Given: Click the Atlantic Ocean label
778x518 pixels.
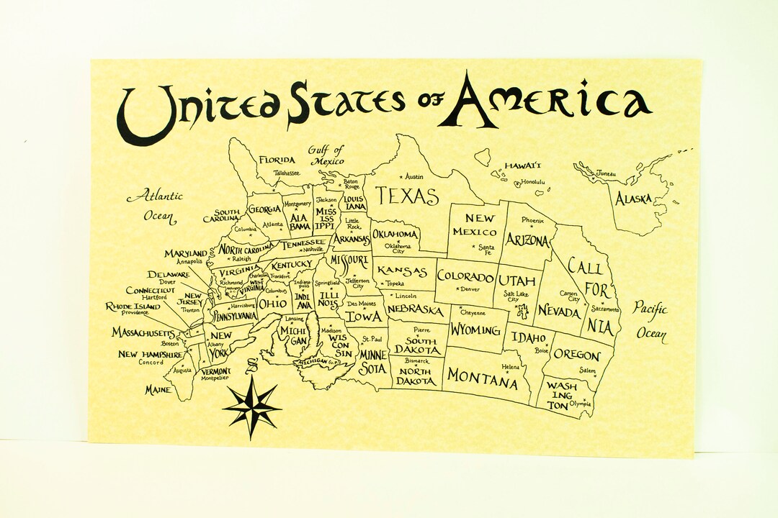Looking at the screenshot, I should [155, 205].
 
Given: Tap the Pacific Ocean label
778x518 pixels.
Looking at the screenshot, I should [650, 321].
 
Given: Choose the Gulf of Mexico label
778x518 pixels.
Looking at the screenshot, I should [326, 155].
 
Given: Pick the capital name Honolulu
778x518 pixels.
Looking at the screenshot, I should [533, 182].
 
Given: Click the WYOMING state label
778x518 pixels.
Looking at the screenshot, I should [475, 330].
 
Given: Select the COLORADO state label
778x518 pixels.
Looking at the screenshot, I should [466, 277].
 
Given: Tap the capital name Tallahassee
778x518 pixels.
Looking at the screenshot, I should [287, 173].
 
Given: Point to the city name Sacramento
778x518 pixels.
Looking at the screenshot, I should [604, 308].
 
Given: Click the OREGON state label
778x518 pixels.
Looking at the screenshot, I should [576, 355].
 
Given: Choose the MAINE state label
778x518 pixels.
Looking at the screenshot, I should [158, 389].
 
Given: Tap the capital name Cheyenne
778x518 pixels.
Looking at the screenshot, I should [473, 313].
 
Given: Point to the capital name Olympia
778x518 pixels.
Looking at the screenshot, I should [580, 404].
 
